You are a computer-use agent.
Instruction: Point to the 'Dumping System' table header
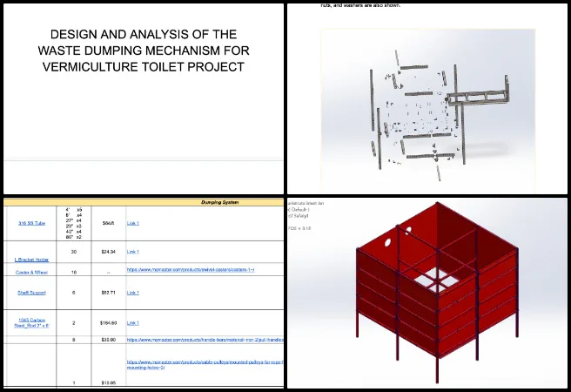coord(216,203)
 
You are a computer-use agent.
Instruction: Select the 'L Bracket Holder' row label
coord(34,259)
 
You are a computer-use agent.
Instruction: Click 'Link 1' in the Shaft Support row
coord(133,293)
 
